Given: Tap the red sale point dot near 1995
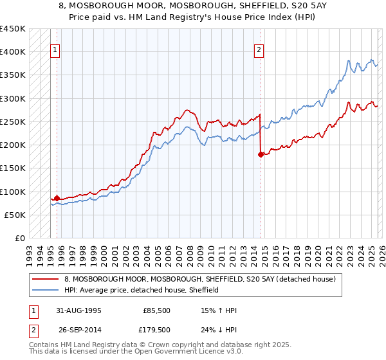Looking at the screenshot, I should (57, 199).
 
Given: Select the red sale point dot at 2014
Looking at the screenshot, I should (261, 154).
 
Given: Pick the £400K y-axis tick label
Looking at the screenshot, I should (13, 52).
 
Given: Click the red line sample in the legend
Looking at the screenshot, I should (45, 280).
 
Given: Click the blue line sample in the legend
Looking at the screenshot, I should (45, 290).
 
